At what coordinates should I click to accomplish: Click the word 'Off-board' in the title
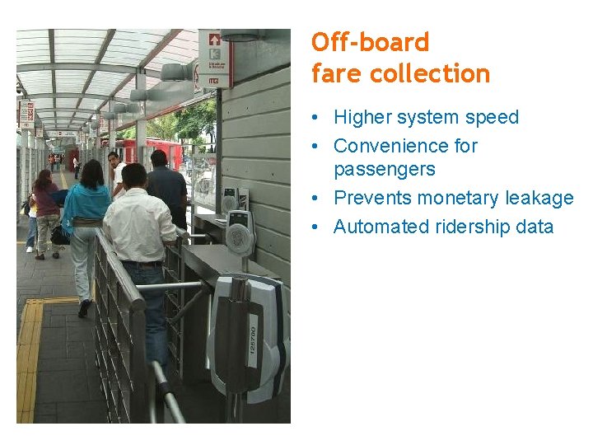[371, 42]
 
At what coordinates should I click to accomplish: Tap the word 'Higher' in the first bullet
[362, 117]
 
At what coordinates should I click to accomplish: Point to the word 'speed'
[492, 117]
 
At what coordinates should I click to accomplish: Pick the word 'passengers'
[385, 170]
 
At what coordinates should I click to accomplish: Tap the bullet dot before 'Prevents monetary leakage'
[316, 199]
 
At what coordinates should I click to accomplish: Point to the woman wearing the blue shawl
[86, 214]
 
